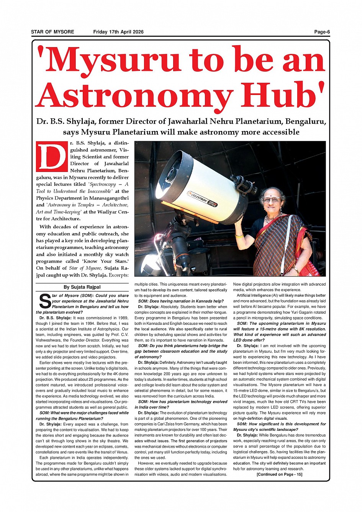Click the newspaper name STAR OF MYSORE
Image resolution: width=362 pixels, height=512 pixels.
click(x=52, y=32)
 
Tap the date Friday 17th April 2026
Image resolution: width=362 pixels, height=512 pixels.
click(x=118, y=32)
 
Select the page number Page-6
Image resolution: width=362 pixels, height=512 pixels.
click(x=322, y=32)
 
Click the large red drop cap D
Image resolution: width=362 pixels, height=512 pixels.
click(x=52, y=156)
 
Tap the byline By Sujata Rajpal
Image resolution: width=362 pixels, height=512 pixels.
click(x=82, y=287)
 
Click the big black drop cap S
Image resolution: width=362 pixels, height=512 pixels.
click(x=45, y=301)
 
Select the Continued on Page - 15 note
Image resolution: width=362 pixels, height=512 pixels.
click(x=279, y=474)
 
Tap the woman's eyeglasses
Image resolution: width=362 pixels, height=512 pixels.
click(x=271, y=199)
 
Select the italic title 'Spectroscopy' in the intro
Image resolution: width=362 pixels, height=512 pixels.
click(x=102, y=184)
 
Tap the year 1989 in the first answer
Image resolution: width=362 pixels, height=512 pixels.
click(x=122, y=318)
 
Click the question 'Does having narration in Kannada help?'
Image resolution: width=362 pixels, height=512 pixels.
click(x=181, y=301)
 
